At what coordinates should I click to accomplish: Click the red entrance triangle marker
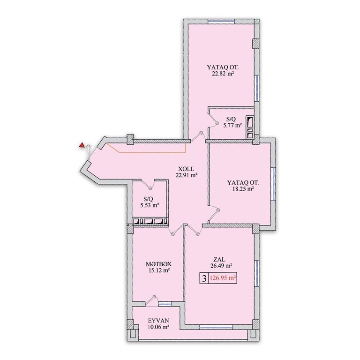81,145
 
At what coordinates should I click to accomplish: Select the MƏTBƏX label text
158,264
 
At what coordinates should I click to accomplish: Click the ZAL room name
219,260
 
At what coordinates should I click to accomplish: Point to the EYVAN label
158,321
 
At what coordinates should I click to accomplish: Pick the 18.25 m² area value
243,189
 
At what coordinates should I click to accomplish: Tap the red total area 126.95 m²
223,278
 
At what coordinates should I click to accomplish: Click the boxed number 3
204,279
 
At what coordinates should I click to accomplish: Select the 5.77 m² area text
232,125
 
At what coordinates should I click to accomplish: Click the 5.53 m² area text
150,205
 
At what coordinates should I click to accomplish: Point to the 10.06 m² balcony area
158,327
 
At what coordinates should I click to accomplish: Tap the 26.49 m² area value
221,266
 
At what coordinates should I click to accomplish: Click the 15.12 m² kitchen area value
158,270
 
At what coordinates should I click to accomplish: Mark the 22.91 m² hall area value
187,175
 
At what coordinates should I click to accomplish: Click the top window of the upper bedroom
221,22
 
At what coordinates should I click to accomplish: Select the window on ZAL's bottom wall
213,327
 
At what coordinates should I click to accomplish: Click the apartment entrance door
89,153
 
